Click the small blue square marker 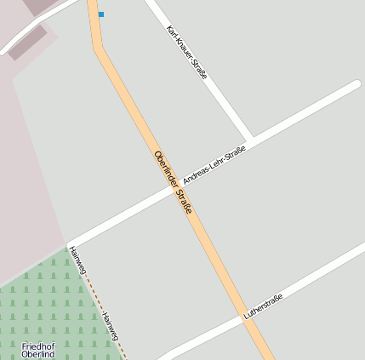[x=101, y=14]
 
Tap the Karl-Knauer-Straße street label [x=187, y=52]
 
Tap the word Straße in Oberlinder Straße [x=185, y=202]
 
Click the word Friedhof [x=38, y=346]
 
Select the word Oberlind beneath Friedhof [x=38, y=354]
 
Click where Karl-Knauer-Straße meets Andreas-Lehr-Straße [x=250, y=140]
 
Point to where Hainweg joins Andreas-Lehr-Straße [x=71, y=245]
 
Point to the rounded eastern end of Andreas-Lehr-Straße [x=356, y=85]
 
